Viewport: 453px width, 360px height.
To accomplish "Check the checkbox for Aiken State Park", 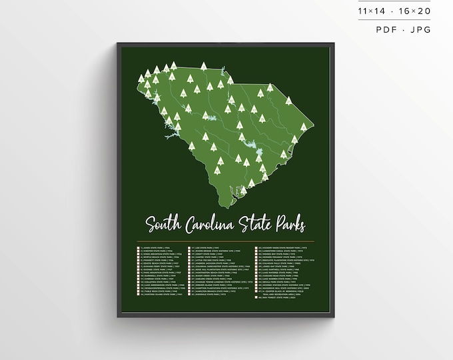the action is pos(137,247).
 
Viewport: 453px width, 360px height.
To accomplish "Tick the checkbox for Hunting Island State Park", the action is pos(137,295).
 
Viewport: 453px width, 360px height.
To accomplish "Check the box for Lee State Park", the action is pos(191,247).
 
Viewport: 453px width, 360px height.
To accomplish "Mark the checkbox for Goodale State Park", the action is pos(191,295).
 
